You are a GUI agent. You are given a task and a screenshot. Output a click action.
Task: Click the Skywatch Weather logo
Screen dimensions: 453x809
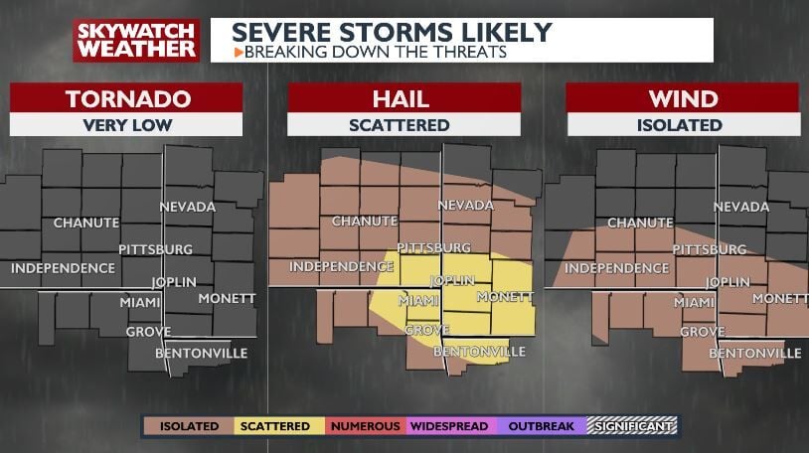pyautogui.click(x=136, y=40)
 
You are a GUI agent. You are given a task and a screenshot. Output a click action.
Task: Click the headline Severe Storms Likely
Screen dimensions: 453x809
pyautogui.click(x=392, y=32)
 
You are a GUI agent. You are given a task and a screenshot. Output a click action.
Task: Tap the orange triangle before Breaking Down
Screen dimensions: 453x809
pyautogui.click(x=238, y=51)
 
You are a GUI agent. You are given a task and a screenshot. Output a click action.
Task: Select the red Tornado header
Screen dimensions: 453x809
pyautogui.click(x=126, y=98)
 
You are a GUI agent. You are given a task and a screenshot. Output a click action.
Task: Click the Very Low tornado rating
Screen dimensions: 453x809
pyautogui.click(x=126, y=125)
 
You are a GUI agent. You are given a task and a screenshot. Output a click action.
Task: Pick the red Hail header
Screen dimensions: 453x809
pyautogui.click(x=404, y=98)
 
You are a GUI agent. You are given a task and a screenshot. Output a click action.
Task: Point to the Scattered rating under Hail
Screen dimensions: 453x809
pyautogui.click(x=404, y=125)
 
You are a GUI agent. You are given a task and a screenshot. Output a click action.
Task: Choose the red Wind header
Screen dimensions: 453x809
pyautogui.click(x=682, y=98)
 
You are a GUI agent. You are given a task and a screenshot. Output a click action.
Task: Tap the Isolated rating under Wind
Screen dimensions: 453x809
pyautogui.click(x=682, y=125)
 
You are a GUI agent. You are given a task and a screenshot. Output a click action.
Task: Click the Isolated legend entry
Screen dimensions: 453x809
pyautogui.click(x=188, y=426)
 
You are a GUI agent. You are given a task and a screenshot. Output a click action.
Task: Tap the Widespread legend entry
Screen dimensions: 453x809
pyautogui.click(x=449, y=426)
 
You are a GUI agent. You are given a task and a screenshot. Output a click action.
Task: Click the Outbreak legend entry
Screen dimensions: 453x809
pyautogui.click(x=541, y=426)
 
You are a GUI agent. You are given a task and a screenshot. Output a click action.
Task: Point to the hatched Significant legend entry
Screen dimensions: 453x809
pyautogui.click(x=631, y=426)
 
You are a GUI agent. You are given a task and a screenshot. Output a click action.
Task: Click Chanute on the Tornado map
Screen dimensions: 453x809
pyautogui.click(x=86, y=223)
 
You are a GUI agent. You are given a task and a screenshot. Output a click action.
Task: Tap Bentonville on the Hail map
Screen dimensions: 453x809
pyautogui.click(x=479, y=352)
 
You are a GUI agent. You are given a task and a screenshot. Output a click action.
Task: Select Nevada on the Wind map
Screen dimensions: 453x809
pyautogui.click(x=740, y=207)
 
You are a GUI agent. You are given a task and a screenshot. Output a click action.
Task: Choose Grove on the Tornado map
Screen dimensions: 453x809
pyautogui.click(x=148, y=331)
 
